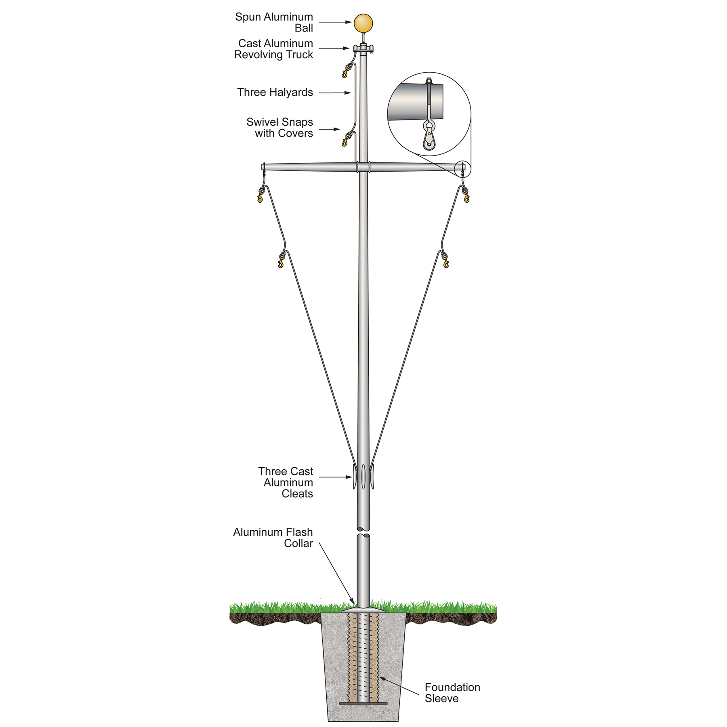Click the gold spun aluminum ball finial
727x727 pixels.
pyautogui.click(x=363, y=23)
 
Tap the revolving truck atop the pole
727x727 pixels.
pyautogui.click(x=363, y=49)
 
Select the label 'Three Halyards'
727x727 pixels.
pyautogui.click(x=275, y=92)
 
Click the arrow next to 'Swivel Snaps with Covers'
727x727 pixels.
pyautogui.click(x=330, y=129)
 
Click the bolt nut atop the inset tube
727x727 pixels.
pyautogui.click(x=429, y=80)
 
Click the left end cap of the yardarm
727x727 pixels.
pyautogui.click(x=263, y=166)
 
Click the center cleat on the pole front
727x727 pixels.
pyautogui.click(x=363, y=477)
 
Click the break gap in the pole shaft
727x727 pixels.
pyautogui.click(x=363, y=532)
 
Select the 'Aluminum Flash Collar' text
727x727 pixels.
pyautogui.click(x=273, y=538)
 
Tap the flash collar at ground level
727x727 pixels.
pyautogui.click(x=363, y=608)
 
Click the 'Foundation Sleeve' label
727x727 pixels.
pyautogui.click(x=452, y=693)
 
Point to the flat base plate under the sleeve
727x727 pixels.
pyautogui.click(x=363, y=704)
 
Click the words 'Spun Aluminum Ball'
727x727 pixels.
pyautogui.click(x=274, y=23)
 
